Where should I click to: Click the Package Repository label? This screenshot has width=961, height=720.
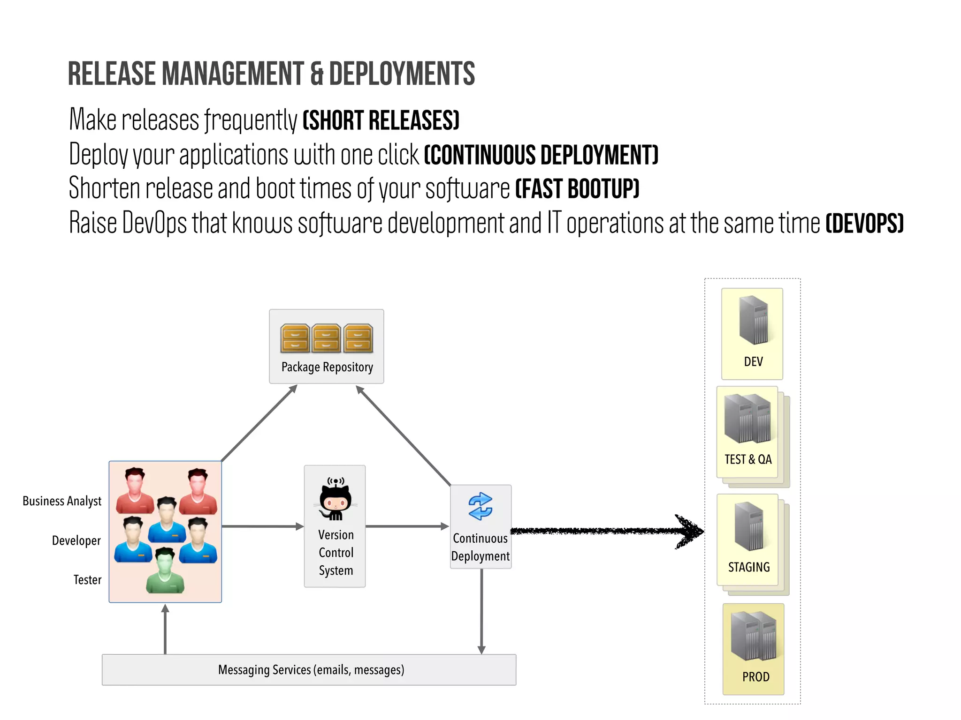327,367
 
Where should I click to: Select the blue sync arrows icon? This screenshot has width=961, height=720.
480,506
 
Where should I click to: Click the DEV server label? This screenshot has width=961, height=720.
753,362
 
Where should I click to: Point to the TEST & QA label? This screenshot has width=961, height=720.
748,459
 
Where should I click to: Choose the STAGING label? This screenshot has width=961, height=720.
749,567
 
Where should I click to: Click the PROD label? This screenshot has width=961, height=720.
755,677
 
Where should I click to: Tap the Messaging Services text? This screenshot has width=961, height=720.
311,670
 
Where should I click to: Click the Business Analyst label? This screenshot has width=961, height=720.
62,501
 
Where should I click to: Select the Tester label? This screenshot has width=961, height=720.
87,580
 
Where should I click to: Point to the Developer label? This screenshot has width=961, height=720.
76,540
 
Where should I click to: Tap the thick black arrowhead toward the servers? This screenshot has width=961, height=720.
690,532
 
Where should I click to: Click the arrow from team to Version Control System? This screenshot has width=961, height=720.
263,526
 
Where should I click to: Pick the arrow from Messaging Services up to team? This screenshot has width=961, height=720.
165,628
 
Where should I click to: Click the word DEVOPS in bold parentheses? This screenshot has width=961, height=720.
864,224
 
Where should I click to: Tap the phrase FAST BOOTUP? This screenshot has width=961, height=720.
577,189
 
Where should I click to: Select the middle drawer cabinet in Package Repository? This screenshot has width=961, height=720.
327,338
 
